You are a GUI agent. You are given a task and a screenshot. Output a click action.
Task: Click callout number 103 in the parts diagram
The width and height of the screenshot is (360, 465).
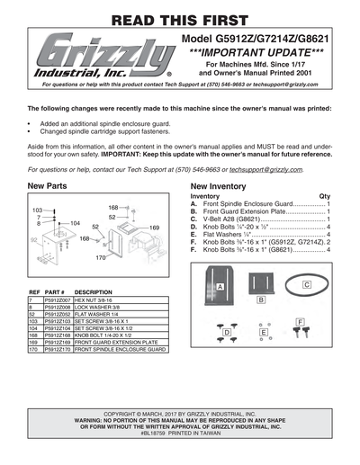point(38,210)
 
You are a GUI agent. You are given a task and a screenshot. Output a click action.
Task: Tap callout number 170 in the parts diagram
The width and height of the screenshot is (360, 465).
point(102,258)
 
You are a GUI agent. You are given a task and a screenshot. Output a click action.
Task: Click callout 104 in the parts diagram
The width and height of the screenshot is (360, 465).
point(76,222)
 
